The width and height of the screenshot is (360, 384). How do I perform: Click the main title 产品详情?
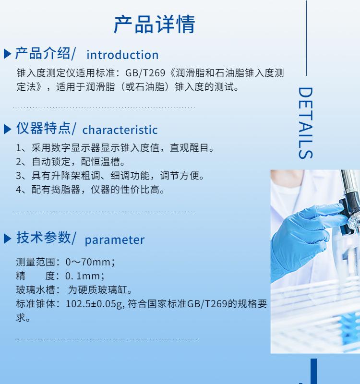[154, 24]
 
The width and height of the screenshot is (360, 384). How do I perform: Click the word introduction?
[122, 55]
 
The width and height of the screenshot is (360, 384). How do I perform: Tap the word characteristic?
[120, 130]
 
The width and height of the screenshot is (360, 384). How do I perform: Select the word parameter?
[115, 240]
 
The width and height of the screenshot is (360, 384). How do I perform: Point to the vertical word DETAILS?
[305, 123]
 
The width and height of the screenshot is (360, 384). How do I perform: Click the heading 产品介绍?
[43, 53]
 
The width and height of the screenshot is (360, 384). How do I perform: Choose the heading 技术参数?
[43, 237]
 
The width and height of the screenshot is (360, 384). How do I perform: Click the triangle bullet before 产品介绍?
[8, 54]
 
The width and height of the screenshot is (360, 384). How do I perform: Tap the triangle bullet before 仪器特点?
[8, 129]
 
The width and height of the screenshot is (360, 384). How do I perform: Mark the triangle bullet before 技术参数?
[8, 239]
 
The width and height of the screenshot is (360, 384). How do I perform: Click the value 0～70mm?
[88, 262]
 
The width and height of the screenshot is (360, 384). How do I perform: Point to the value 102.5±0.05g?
[94, 304]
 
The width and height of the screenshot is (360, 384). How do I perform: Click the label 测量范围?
[36, 262]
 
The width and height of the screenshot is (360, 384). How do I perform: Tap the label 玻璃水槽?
[36, 290]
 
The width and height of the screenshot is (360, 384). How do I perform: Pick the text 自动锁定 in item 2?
[51, 162]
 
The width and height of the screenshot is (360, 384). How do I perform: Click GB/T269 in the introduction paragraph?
[145, 73]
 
